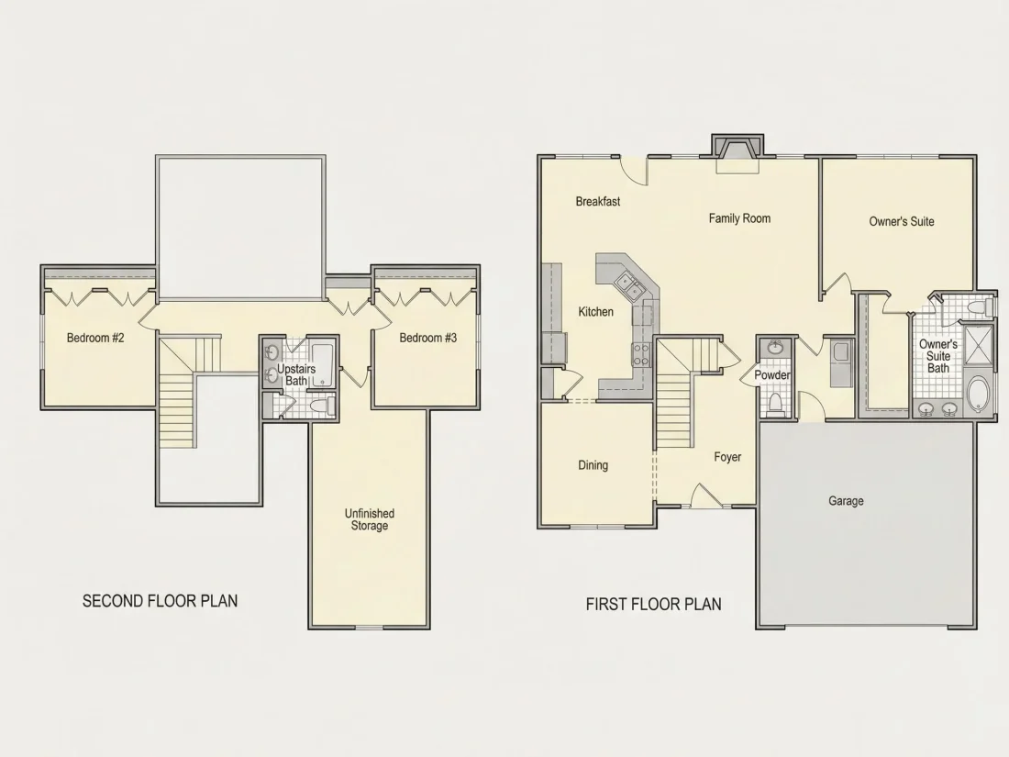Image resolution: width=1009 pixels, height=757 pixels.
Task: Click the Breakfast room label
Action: point(598,202)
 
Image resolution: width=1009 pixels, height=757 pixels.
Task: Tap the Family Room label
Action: point(739,218)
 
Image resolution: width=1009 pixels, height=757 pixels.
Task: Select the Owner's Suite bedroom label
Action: point(901,221)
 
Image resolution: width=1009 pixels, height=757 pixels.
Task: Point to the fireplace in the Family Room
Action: point(737,153)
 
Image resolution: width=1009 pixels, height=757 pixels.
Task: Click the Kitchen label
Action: point(595,312)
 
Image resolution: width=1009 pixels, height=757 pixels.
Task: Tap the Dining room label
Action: point(593,465)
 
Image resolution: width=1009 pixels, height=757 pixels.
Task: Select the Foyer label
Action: point(727,457)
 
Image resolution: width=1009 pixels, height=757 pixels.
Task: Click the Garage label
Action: point(846,501)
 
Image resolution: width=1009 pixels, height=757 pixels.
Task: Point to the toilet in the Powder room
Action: point(775,405)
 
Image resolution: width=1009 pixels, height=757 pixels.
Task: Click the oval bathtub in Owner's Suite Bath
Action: point(978,395)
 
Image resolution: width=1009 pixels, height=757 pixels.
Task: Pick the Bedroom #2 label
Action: point(95,338)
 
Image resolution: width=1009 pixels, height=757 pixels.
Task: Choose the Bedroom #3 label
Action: point(428,338)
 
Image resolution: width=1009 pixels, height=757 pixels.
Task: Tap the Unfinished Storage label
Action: point(370,519)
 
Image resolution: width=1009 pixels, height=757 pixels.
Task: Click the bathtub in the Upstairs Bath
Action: point(322,365)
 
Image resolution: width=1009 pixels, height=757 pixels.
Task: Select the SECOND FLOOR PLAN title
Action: point(161,601)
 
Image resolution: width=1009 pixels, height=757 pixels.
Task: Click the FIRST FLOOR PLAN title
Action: point(654,604)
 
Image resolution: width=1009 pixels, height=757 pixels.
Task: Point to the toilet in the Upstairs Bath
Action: point(320,406)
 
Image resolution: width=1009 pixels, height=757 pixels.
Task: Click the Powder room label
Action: point(772,375)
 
